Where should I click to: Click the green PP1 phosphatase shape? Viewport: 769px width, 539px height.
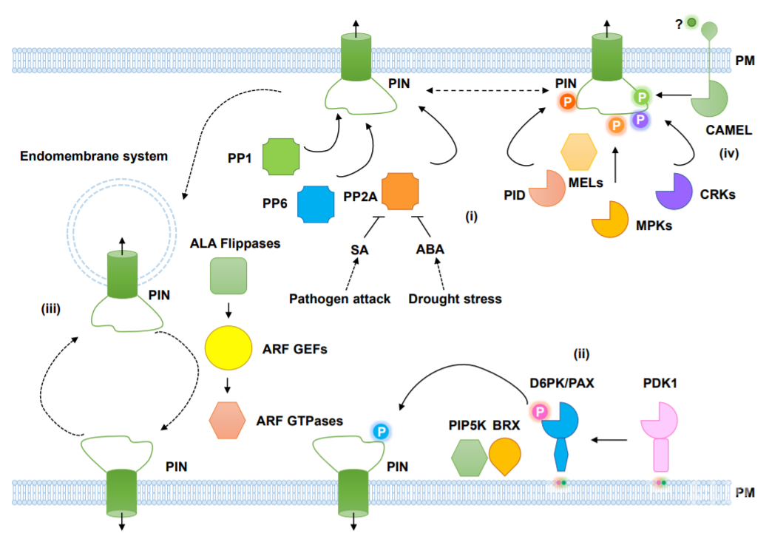click(281, 155)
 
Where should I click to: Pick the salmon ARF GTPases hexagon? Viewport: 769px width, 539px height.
click(228, 421)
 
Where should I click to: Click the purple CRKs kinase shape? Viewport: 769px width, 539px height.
click(674, 191)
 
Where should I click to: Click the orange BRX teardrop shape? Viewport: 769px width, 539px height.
click(505, 455)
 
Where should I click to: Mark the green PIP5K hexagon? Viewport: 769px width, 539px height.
click(469, 457)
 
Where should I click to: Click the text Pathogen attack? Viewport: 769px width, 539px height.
click(339, 299)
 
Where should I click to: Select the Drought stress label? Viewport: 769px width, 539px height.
click(455, 299)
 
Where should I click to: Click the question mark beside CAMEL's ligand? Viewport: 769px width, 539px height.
click(678, 24)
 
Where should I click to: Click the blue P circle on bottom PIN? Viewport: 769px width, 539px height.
click(381, 431)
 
